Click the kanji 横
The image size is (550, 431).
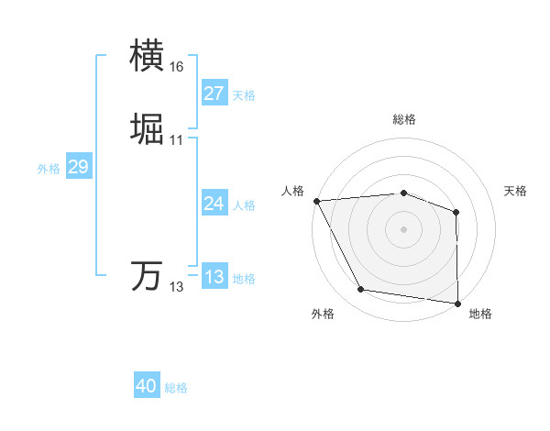[148, 57]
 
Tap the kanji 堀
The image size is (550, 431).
[148, 130]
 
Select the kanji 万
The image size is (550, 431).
[148, 276]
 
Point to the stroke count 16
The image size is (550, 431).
[176, 67]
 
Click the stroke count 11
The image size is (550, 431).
[176, 140]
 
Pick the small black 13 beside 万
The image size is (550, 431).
[176, 287]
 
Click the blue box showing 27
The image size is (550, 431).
[214, 94]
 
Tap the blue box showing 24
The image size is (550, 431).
[214, 204]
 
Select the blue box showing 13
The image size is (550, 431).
[214, 277]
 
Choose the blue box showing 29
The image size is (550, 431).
[78, 167]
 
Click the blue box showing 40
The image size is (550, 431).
[146, 386]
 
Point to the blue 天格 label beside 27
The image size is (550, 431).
[244, 94]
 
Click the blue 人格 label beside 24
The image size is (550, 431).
[244, 204]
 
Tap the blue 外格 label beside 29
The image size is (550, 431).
[48, 168]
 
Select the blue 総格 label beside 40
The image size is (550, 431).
[176, 387]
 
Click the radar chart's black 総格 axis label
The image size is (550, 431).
[403, 119]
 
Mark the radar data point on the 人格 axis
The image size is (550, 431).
[316, 201]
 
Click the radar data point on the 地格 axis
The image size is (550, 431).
[457, 303]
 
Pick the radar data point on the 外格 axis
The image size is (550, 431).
[361, 291]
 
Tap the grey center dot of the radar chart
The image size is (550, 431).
[403, 228]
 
